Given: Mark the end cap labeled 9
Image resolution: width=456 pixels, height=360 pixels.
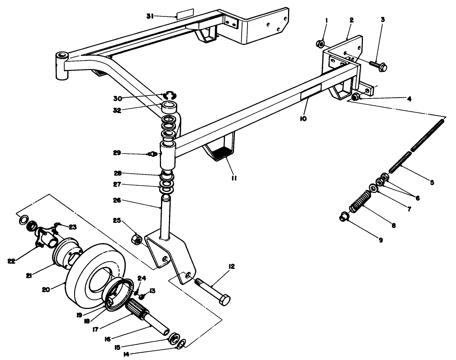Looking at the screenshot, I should point(344,216).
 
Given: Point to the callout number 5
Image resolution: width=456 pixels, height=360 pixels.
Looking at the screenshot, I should point(432,182).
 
